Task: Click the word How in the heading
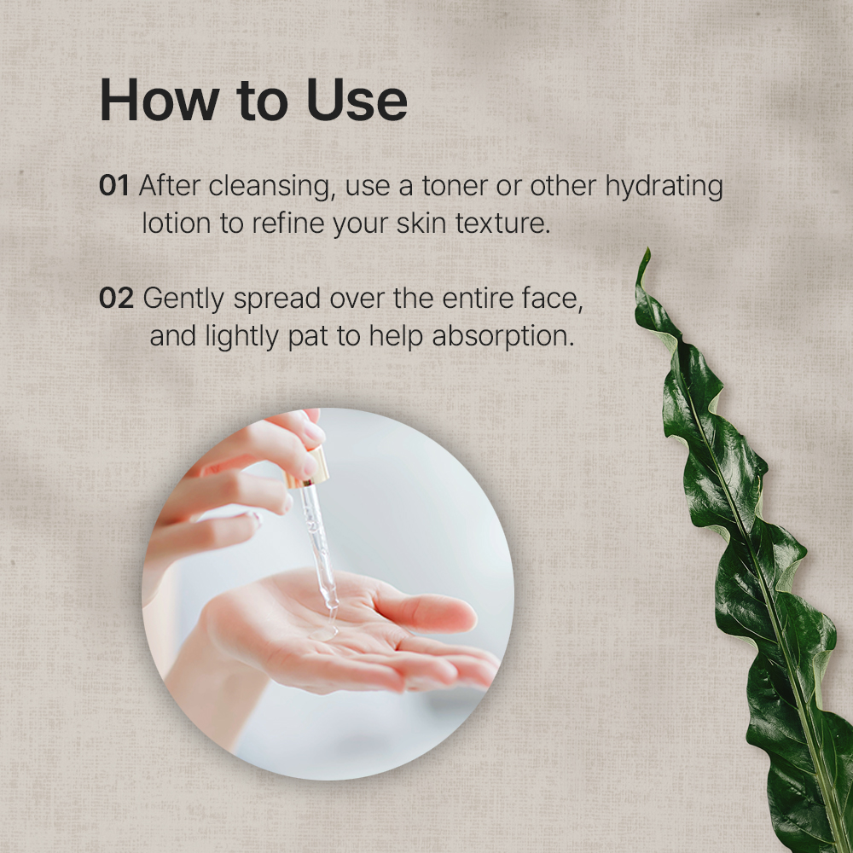tap(160, 100)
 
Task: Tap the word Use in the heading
tap(357, 100)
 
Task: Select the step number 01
tap(113, 185)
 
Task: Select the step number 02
tap(116, 298)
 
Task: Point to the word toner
tap(455, 186)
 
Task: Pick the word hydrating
tap(664, 188)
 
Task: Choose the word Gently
tap(183, 299)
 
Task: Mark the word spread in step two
tap(277, 299)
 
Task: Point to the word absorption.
tap(503, 337)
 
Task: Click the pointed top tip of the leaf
tap(647, 250)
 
